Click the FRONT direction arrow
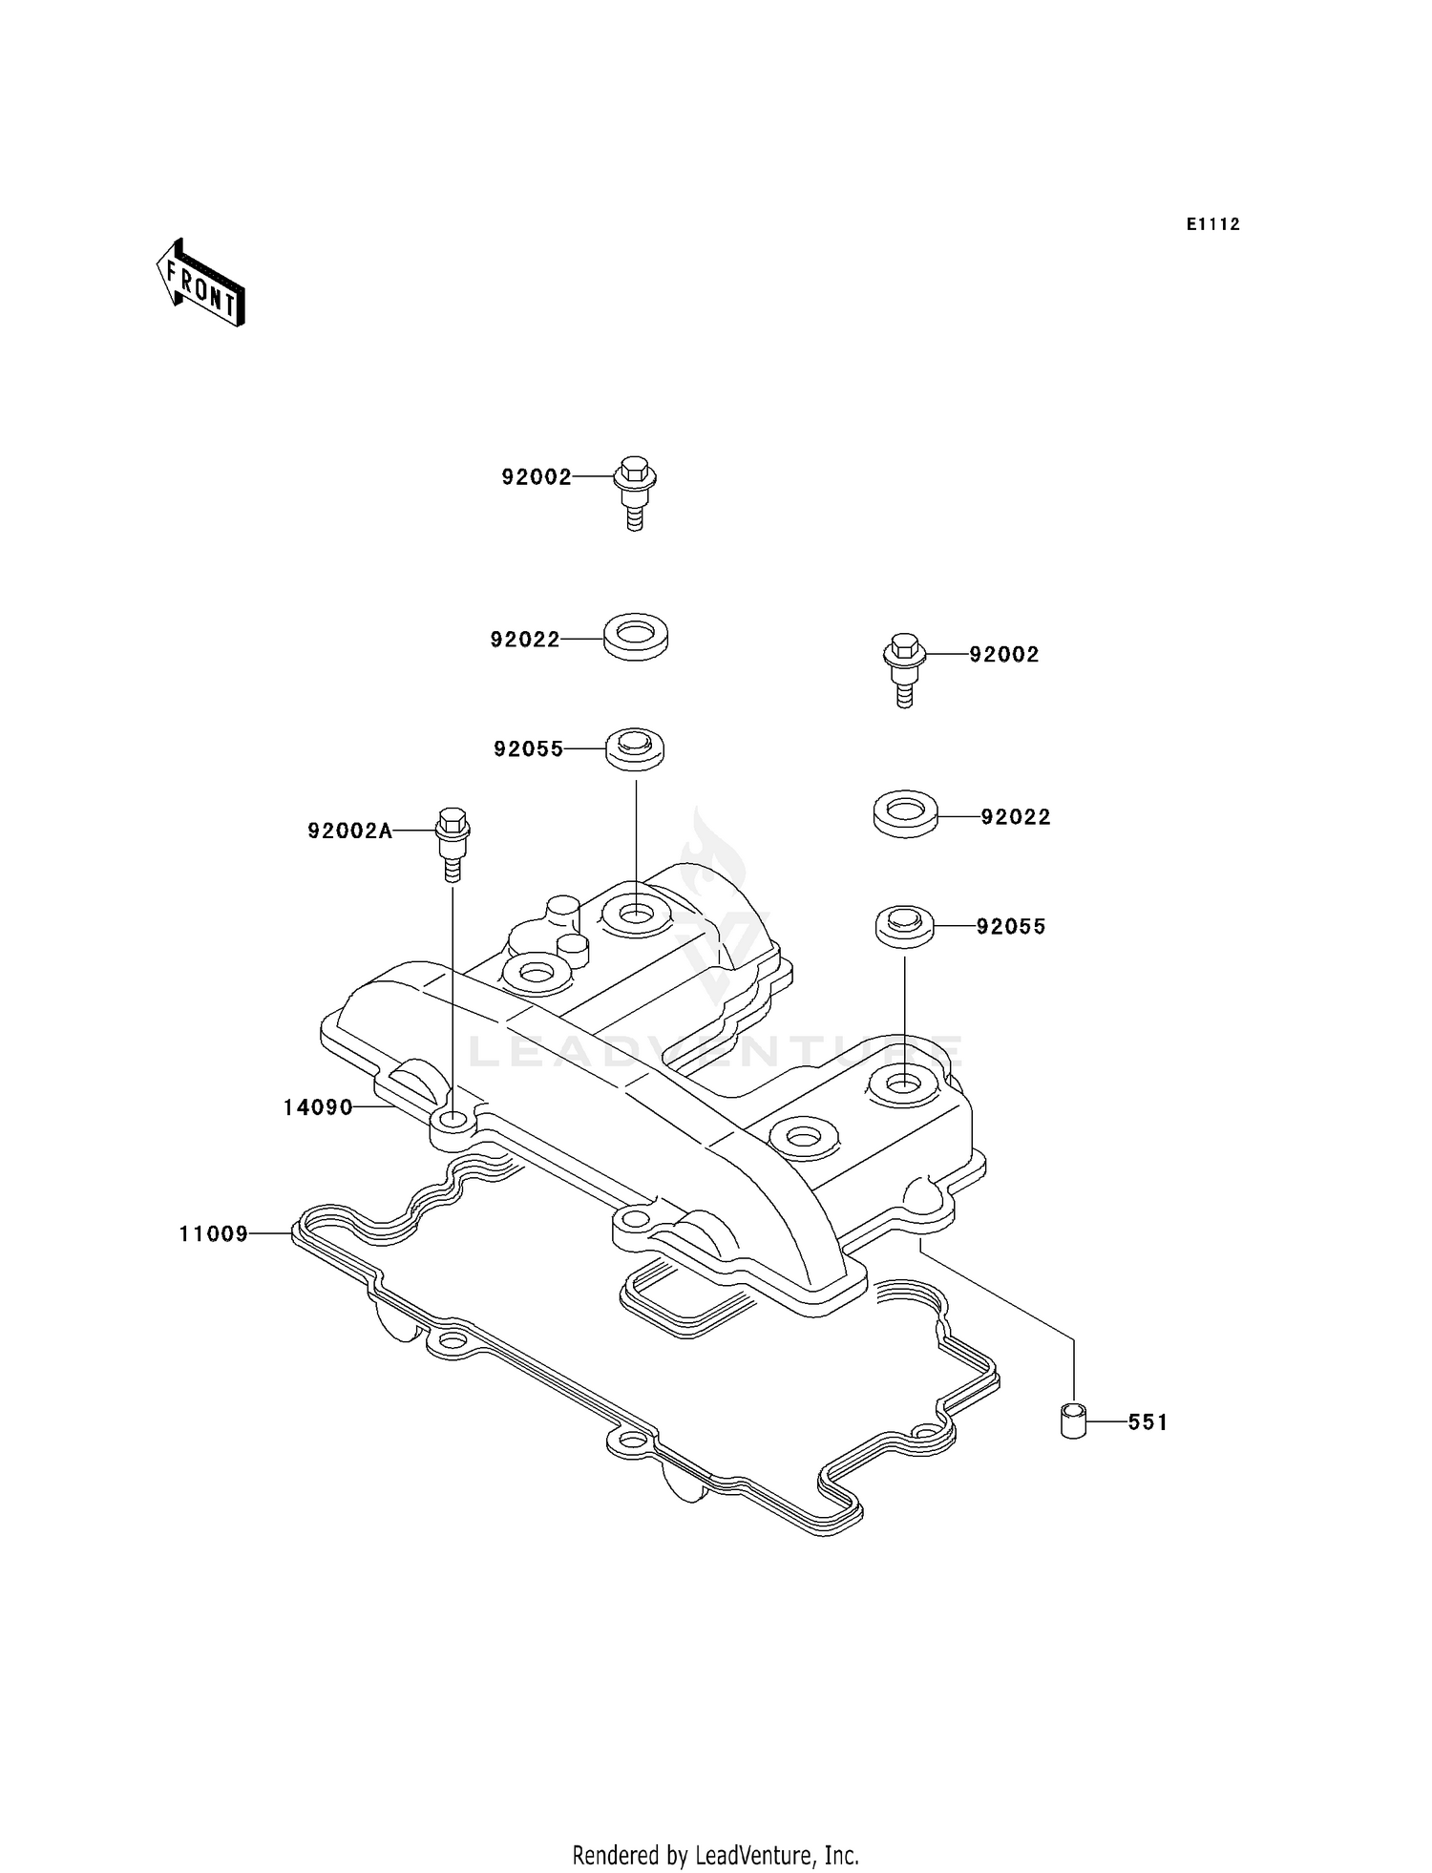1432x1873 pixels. (x=200, y=284)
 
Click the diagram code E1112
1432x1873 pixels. (x=1212, y=224)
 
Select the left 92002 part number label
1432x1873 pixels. (x=536, y=477)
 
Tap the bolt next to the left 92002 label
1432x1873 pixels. (x=635, y=492)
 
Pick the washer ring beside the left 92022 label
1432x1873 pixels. (x=636, y=637)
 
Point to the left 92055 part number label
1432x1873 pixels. (x=529, y=749)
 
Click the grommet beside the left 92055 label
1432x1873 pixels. (x=635, y=747)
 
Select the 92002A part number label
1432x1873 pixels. (x=349, y=831)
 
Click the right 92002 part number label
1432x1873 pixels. (x=1003, y=655)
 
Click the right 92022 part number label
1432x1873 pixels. (x=1015, y=817)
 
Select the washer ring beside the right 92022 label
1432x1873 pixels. (x=905, y=813)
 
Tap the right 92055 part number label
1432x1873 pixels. (x=1010, y=927)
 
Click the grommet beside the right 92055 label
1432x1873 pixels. (x=904, y=926)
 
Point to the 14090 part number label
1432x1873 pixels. (x=318, y=1107)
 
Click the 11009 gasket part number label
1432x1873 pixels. (x=214, y=1234)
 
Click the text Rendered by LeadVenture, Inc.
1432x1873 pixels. (x=715, y=1855)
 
